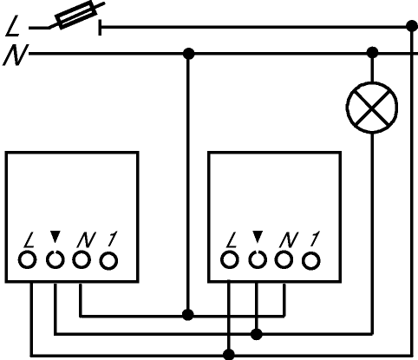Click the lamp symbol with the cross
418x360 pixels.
[x=372, y=108]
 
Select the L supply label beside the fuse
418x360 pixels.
[x=13, y=27]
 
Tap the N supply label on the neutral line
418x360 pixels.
[x=16, y=55]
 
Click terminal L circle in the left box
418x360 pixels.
[x=28, y=260]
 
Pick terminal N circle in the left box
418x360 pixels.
[x=82, y=260]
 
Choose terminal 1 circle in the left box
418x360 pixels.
[x=108, y=261]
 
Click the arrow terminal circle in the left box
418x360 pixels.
[x=55, y=260]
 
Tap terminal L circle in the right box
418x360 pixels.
[x=230, y=260]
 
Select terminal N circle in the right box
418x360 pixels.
[x=284, y=260]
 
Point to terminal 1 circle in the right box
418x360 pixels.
[x=311, y=261]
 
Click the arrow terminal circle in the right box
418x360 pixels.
[x=258, y=260]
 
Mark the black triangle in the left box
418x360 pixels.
[x=55, y=237]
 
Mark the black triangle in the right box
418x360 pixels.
[x=258, y=237]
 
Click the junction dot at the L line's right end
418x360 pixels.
[x=412, y=26]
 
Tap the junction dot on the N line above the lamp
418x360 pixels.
[x=372, y=53]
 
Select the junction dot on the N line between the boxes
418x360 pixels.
[x=189, y=54]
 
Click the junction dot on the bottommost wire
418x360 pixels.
[x=229, y=354]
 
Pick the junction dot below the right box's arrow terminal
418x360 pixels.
[x=257, y=334]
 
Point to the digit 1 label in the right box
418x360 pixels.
[x=314, y=239]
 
